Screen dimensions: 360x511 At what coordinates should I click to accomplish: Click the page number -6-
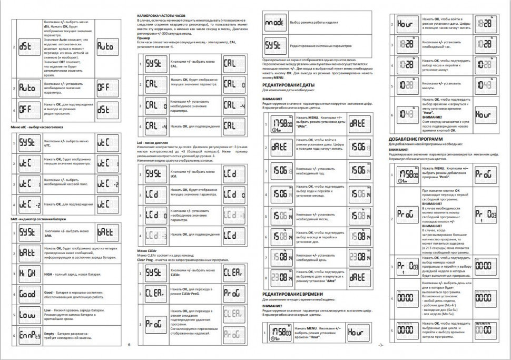pos(128,345)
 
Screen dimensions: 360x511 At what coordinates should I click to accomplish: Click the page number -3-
pos(380,345)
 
